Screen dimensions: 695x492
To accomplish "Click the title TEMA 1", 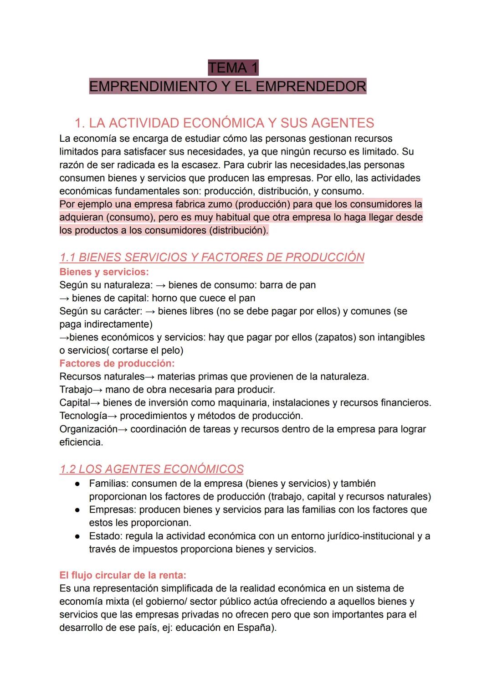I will (x=233, y=68).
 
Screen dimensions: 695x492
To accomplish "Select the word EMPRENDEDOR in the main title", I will (x=318, y=86).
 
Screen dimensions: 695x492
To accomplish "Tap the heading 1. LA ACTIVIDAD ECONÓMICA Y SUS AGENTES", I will (x=224, y=123).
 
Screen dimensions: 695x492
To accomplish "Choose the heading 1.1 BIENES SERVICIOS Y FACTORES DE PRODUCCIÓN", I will (x=212, y=257).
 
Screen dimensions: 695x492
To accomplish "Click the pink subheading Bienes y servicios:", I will (x=104, y=272).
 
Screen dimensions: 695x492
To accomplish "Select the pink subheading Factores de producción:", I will (x=117, y=363).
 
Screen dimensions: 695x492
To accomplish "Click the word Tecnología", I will (x=83, y=416).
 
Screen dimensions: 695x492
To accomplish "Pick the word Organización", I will (x=88, y=429).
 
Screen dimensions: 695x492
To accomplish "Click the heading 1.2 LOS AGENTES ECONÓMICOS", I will (x=151, y=469).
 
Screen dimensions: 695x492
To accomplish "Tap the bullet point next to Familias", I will (x=78, y=483).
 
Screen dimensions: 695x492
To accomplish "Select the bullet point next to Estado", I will (x=78, y=536).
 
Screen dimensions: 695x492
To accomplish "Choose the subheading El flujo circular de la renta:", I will (x=123, y=575).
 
